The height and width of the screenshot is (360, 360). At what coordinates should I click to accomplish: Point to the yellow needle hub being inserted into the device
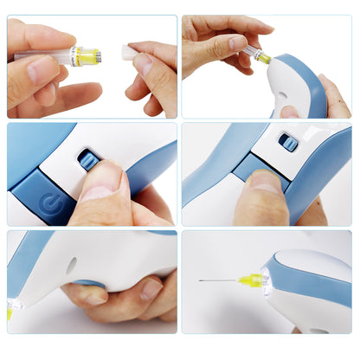pos(262,59)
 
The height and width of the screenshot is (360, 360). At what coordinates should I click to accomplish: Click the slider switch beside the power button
pos(87,160)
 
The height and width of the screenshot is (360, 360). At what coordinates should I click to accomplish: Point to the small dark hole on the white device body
pos(70,260)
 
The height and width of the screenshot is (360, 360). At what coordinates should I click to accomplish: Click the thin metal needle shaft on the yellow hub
pos(221,281)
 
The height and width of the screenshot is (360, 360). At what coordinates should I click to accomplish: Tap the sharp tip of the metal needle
pos(200,282)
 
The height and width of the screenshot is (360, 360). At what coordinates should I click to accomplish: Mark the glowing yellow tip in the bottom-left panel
pos(10,310)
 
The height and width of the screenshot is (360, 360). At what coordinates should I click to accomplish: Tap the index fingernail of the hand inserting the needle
pos(236,42)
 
